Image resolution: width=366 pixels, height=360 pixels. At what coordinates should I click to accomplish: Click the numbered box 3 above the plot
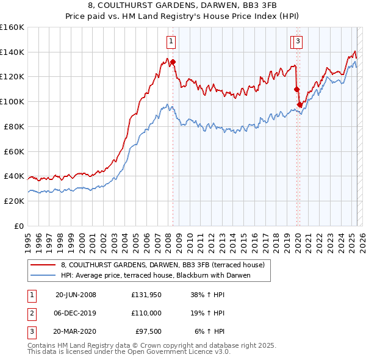pos(298,41)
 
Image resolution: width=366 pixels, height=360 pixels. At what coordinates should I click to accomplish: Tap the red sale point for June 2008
pos(173,62)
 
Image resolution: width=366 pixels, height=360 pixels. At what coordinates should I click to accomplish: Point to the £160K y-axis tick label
pos(12,27)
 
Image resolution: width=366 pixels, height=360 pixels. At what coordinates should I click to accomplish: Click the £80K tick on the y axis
pos(14,126)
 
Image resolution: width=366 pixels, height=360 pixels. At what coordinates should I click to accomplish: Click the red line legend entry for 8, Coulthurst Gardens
pos(162,265)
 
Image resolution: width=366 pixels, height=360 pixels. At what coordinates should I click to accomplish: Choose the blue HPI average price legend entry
pos(156,276)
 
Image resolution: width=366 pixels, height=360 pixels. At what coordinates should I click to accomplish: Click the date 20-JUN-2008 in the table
pos(76,295)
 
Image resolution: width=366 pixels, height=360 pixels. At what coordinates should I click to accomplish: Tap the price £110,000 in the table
pos(146,313)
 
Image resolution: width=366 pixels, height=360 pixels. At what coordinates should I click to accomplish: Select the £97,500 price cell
pos(146,331)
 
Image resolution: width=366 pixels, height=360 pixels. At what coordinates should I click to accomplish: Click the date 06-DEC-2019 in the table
pos(76,313)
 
